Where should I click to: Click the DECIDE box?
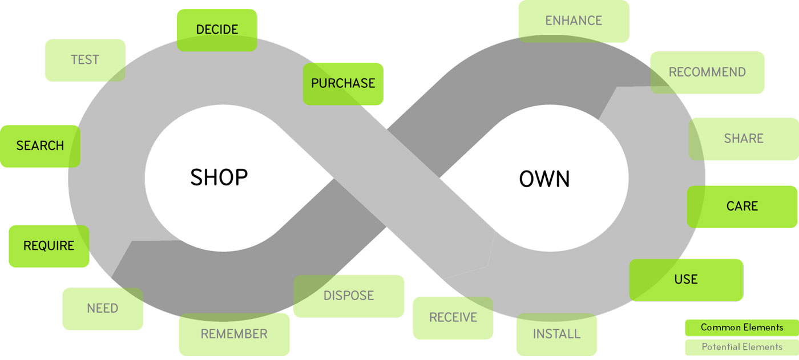click(x=217, y=30)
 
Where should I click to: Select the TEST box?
click(x=85, y=60)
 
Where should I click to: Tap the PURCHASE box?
click(x=343, y=84)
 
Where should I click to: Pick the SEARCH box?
click(x=40, y=146)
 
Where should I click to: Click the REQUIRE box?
click(x=49, y=246)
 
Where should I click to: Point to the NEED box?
click(x=103, y=309)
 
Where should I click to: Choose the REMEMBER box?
click(x=234, y=334)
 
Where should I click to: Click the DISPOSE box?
click(x=349, y=296)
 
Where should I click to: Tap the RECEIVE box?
click(x=453, y=318)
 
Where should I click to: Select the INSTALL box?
click(x=556, y=334)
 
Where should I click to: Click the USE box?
click(x=686, y=280)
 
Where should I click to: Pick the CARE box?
click(x=742, y=207)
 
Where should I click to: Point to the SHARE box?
click(x=744, y=139)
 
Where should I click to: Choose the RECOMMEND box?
click(x=707, y=72)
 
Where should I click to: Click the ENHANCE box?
click(x=574, y=21)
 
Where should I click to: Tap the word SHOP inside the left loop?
click(x=219, y=178)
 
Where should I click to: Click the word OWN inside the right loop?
click(x=544, y=179)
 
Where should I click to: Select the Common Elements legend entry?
click(x=742, y=327)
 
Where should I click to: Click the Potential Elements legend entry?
click(x=742, y=347)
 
